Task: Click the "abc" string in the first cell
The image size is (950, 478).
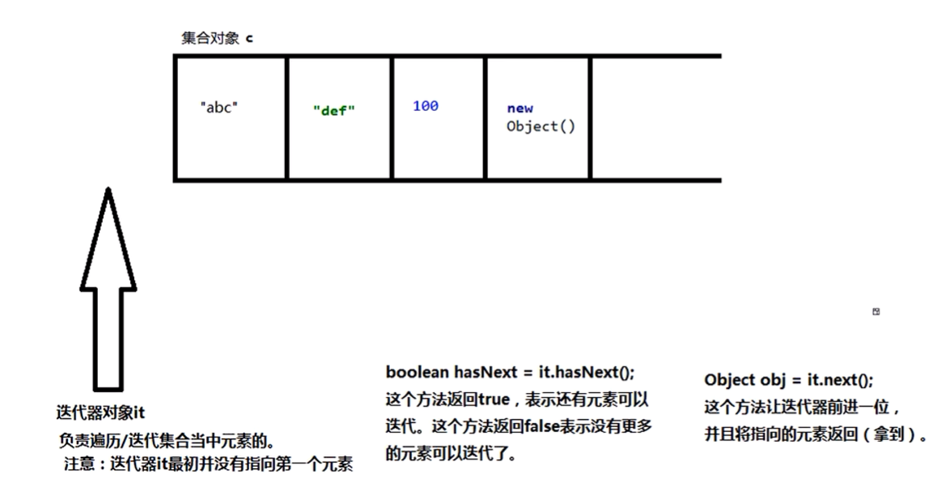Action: [218, 108]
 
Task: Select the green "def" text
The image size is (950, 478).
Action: [334, 110]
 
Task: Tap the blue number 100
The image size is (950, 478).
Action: [426, 105]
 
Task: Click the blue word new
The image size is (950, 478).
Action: [520, 108]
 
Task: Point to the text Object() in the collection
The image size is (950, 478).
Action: [541, 126]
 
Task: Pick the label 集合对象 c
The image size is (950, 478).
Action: [217, 38]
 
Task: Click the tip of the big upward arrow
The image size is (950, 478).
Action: [108, 188]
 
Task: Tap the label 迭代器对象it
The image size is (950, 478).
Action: [100, 413]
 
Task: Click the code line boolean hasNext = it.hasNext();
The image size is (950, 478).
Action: [510, 372]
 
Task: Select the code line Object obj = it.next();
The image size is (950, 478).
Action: [789, 380]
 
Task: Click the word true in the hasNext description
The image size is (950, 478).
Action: [494, 399]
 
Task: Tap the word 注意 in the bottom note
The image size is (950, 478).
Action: [79, 464]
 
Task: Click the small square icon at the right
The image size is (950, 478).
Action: [876, 311]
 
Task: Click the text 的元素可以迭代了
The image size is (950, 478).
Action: [451, 453]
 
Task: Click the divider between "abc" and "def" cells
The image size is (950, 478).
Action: [286, 118]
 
